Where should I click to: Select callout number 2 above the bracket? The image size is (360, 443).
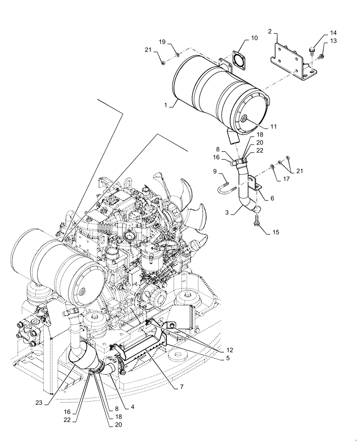point(270,32)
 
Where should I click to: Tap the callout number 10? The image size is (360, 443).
point(254,39)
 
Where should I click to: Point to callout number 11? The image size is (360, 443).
point(274,127)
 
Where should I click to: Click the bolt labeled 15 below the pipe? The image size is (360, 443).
point(256,221)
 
